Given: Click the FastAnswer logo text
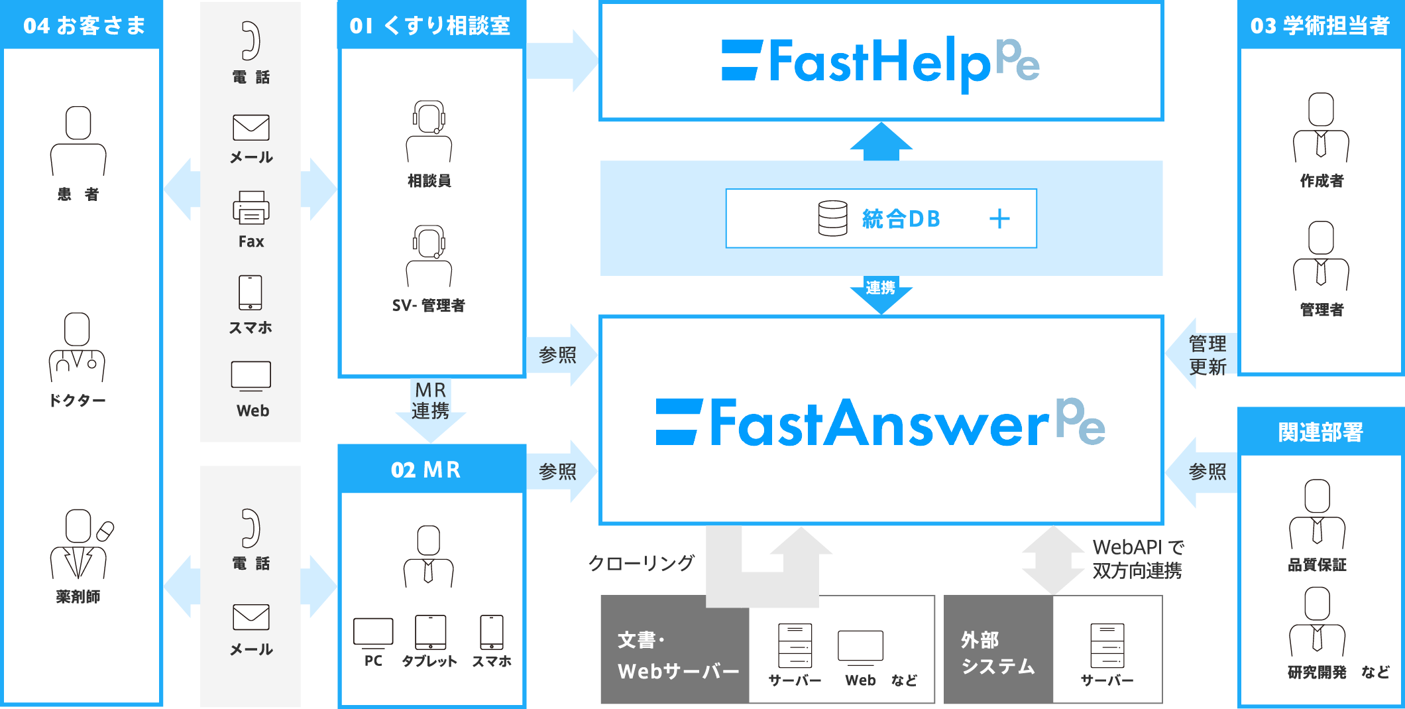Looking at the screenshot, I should tap(880, 422).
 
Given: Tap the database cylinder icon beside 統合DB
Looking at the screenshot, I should tap(832, 218).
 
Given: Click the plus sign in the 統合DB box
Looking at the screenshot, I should tap(999, 219).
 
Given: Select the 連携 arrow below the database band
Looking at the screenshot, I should tap(881, 292).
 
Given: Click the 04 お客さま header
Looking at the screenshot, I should tap(84, 25).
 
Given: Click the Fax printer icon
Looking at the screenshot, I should tap(251, 208).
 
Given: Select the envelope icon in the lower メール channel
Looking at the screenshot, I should tap(251, 617).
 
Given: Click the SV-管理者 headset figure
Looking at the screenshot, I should tap(429, 255).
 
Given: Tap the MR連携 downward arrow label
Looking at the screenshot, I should tap(431, 402).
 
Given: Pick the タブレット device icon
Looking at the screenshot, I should tap(430, 633).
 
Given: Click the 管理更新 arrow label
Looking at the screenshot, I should tap(1206, 355).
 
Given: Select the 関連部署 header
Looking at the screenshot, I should tap(1320, 432).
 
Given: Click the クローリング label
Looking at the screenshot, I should tap(641, 563).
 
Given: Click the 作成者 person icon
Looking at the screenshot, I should tap(1321, 127).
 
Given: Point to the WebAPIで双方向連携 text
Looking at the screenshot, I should tap(1137, 559).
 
